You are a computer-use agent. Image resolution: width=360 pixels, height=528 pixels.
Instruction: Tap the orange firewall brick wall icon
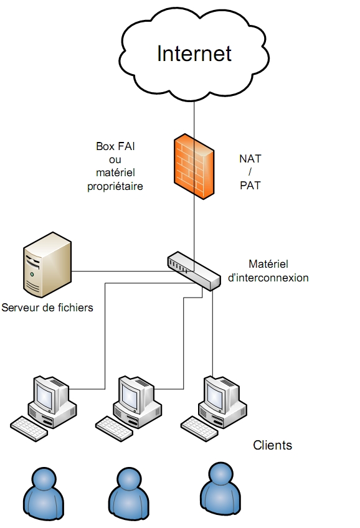pos(194,166)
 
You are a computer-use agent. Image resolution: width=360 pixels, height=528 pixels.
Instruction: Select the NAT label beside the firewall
pos(250,158)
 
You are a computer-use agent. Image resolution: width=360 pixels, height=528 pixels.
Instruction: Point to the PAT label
pos(250,185)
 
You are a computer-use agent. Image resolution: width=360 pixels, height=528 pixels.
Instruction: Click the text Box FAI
pos(115,146)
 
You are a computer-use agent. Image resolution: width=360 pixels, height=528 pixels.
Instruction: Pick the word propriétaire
pos(115,186)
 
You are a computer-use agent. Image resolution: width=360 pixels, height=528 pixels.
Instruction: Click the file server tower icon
pos(47,265)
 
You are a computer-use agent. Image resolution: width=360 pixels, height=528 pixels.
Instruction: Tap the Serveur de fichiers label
pos(47,308)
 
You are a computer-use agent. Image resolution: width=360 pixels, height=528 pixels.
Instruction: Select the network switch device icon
pos(194,271)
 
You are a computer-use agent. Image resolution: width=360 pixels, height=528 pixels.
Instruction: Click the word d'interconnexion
pos(268,278)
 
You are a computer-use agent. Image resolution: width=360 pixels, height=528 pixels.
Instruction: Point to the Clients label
pos(272,445)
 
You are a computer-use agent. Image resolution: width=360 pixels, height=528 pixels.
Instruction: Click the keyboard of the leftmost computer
pos(29,428)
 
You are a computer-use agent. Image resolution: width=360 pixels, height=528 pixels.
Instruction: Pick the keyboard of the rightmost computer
pos(200,428)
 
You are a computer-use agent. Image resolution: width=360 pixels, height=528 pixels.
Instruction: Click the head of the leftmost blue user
pos(44,479)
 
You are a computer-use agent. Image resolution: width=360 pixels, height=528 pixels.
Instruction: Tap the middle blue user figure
pos(129,494)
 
